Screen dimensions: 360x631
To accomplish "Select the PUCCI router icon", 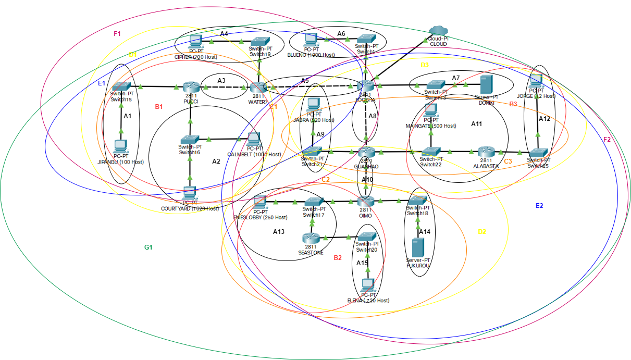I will (x=191, y=87).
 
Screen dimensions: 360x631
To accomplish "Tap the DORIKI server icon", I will (x=486, y=84).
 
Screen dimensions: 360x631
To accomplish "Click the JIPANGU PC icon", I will (x=121, y=146).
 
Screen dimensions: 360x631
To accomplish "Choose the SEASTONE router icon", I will (x=311, y=238).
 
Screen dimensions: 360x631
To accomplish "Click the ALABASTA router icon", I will (x=486, y=152).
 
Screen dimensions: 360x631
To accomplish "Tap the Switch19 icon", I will (x=260, y=41).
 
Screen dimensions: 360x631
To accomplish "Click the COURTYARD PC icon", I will (x=190, y=193).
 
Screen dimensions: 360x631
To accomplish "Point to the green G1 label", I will (x=148, y=247).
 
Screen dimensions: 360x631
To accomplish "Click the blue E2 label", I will (x=539, y=206).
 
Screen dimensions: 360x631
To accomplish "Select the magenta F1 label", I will (x=117, y=34).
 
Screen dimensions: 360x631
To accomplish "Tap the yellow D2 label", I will (x=482, y=231).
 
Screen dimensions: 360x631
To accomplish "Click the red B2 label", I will (x=338, y=257).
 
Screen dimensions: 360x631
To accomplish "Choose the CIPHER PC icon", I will (x=196, y=41).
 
